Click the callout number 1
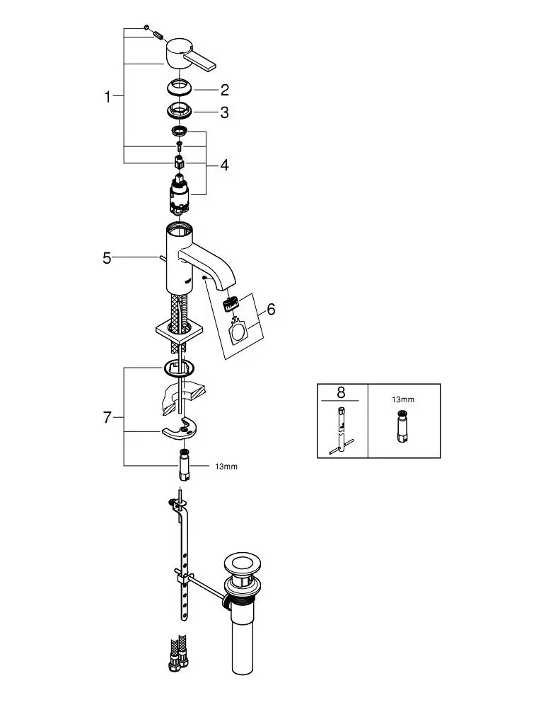tap(107, 97)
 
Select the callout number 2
tap(225, 90)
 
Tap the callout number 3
tap(225, 112)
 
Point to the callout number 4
tap(224, 165)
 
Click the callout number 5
tap(107, 258)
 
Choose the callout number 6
tap(271, 310)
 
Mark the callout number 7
tap(107, 417)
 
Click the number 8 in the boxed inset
tap(342, 393)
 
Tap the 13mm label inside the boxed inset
tap(403, 399)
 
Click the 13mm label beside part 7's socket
tap(226, 466)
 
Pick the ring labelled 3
tap(182, 111)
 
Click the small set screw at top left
tap(146, 27)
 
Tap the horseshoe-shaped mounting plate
tap(180, 431)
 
